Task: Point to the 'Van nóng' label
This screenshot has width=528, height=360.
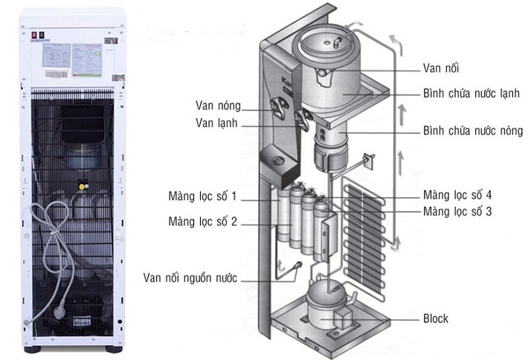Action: (x=218, y=105)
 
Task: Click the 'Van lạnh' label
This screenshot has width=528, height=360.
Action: (x=217, y=122)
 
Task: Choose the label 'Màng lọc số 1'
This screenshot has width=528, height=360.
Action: (x=202, y=197)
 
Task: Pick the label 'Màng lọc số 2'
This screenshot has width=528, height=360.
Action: (x=202, y=221)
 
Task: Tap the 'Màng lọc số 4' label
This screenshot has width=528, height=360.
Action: (x=457, y=196)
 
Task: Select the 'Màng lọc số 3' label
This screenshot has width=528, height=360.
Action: (x=457, y=212)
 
